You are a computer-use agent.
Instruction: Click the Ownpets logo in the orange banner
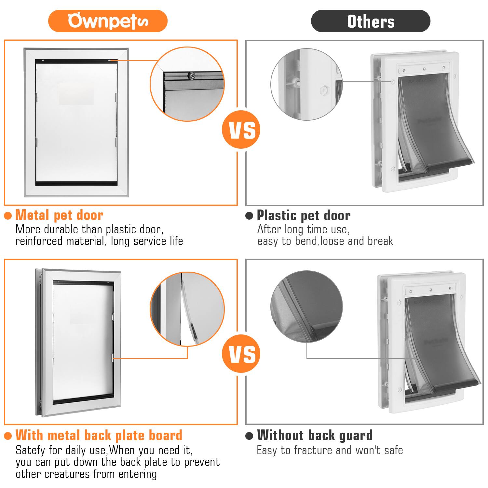point(108,21)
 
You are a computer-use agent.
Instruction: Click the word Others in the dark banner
point(371,21)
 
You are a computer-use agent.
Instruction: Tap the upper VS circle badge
point(241,129)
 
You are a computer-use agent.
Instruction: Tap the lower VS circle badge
point(241,354)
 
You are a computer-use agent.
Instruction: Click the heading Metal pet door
point(59,215)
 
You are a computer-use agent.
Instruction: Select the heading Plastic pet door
point(304,215)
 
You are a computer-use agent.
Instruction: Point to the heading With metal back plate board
point(99,435)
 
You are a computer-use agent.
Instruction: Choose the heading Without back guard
point(315,435)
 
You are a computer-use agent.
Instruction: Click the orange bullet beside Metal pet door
point(8,216)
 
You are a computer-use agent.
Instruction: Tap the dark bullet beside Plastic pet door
point(249,216)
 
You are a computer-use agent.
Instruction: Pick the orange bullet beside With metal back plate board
point(8,436)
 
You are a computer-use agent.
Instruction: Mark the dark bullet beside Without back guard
point(249,436)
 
